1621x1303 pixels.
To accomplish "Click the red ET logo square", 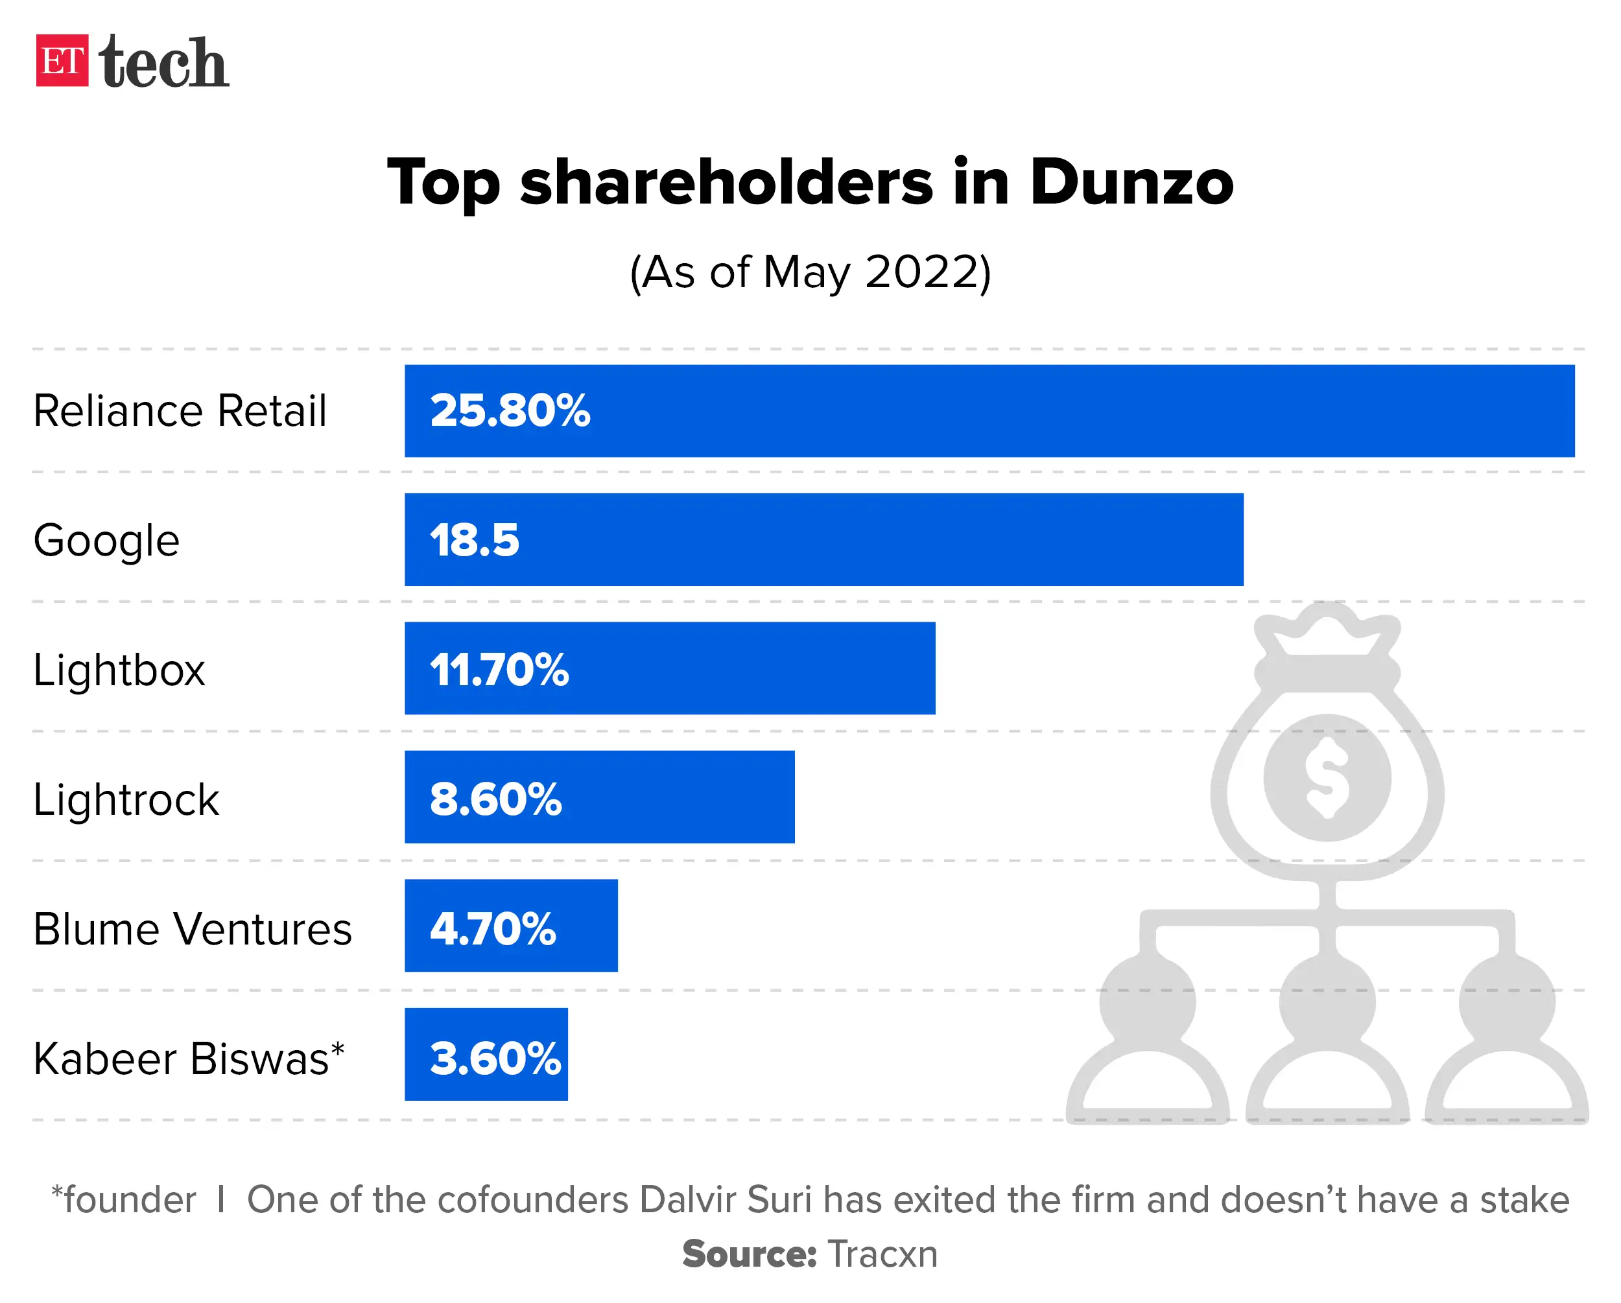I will (x=62, y=61).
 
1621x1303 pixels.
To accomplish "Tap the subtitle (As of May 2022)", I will (x=810, y=272).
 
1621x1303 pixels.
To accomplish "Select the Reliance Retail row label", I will (x=180, y=411).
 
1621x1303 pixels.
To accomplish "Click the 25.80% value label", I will (x=510, y=411).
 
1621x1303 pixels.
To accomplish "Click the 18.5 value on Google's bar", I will (x=474, y=541).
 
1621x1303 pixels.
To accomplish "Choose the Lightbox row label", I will (x=119, y=670).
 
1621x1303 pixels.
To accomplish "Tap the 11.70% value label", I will (x=499, y=670).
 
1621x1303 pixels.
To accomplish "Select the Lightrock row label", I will (x=126, y=799).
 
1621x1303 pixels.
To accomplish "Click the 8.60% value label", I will (x=495, y=799).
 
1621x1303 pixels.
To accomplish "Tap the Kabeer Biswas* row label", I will (x=188, y=1059).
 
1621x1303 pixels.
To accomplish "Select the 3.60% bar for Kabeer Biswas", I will (x=486, y=1054).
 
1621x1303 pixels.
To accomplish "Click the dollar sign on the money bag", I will (x=1327, y=777).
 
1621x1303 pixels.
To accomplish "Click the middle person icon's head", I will (x=1327, y=1002).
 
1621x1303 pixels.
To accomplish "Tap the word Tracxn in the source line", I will (x=882, y=1254).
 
